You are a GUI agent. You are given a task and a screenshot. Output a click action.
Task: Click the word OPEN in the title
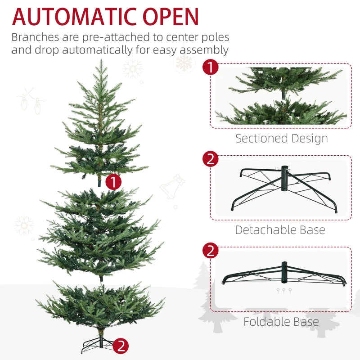(x=169, y=17)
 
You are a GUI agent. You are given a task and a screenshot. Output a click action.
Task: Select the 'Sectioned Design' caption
(x=281, y=139)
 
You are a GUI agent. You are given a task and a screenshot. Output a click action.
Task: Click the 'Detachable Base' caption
(x=280, y=230)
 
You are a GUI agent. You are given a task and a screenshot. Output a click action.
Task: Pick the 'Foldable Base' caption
(x=281, y=322)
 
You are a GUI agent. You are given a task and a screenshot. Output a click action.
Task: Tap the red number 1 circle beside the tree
(x=113, y=182)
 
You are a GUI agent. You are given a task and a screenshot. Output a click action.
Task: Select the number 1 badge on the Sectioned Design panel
(x=210, y=68)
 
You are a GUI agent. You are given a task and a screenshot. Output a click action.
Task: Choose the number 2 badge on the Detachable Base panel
(x=210, y=159)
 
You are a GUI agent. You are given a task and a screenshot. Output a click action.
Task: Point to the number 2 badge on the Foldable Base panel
(x=210, y=251)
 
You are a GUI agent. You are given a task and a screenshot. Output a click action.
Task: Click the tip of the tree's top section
(x=101, y=63)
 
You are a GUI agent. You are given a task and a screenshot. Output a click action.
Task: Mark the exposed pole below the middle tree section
(x=102, y=278)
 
